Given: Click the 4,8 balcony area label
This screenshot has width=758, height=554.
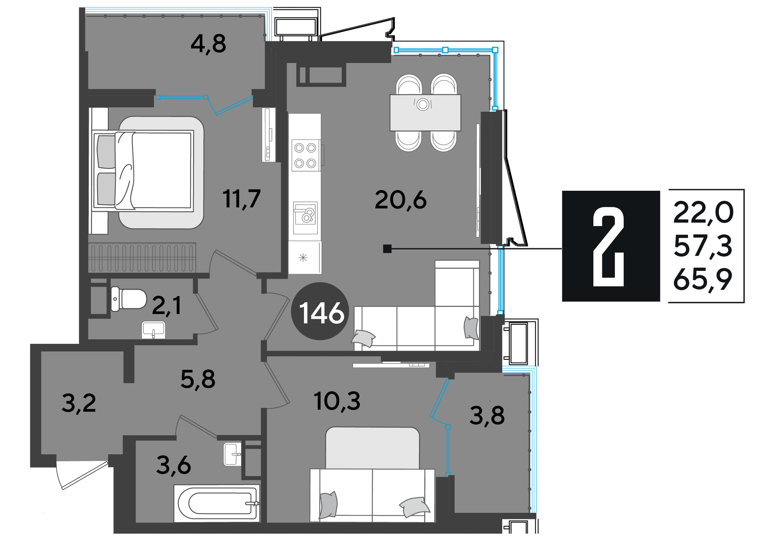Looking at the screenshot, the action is click(x=208, y=44).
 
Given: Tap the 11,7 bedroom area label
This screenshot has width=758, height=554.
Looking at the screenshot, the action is click(x=242, y=199).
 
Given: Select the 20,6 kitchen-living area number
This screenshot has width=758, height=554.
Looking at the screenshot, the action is click(x=400, y=200).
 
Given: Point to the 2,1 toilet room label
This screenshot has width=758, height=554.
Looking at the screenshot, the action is click(x=167, y=306).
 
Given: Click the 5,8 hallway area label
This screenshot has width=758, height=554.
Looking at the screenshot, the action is click(x=198, y=380).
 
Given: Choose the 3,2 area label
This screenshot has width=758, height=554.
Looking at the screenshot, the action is click(x=79, y=403).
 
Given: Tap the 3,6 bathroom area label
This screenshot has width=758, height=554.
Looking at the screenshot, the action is click(x=174, y=465).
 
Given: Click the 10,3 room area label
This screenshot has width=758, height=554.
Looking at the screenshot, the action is click(x=337, y=401).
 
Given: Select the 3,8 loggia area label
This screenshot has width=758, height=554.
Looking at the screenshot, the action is click(x=487, y=415).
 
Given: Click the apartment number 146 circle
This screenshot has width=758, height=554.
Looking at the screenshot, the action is click(x=321, y=312).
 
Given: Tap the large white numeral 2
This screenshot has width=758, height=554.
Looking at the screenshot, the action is click(x=609, y=247).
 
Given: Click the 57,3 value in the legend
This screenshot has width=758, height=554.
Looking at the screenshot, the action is click(x=703, y=247).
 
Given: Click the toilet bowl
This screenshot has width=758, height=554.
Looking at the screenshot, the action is click(x=129, y=299).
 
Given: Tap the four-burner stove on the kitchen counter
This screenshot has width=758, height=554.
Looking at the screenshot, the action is click(x=306, y=155).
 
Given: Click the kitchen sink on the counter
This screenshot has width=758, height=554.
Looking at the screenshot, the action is click(x=305, y=218).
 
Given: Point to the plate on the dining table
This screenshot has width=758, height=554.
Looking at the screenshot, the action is click(x=423, y=105).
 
